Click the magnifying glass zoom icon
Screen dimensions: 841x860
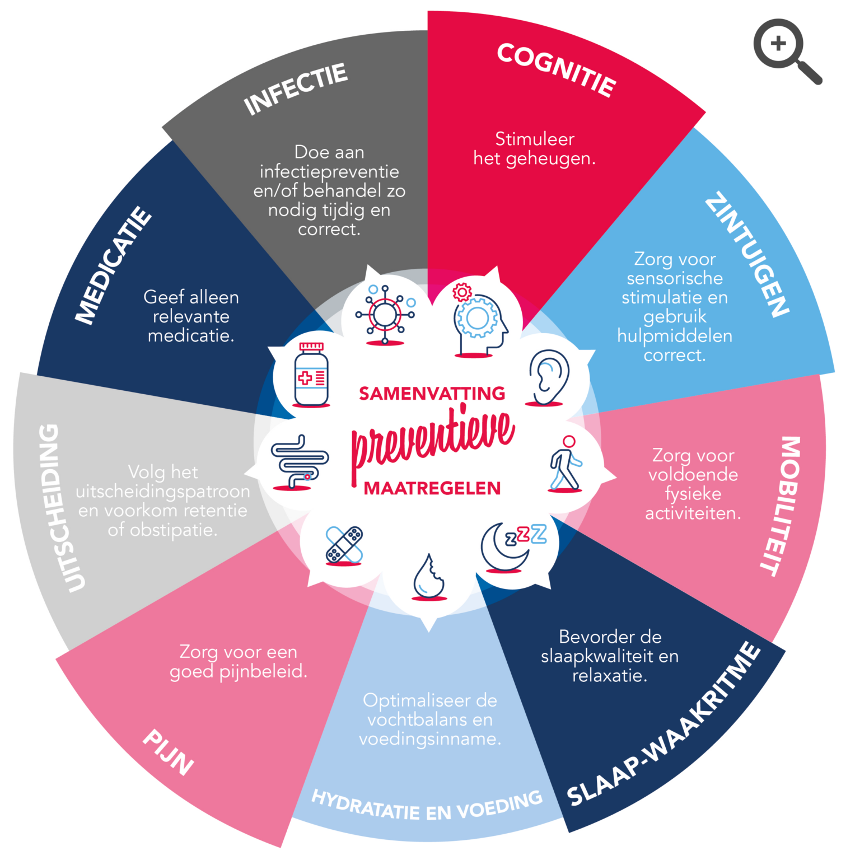(787, 51)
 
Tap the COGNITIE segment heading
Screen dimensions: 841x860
(557, 69)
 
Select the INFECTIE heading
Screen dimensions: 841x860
(296, 89)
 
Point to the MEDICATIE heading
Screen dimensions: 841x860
(114, 265)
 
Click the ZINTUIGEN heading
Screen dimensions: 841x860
(747, 254)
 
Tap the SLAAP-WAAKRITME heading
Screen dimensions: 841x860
(664, 724)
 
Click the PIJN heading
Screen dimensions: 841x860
(168, 752)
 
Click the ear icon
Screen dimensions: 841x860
(548, 377)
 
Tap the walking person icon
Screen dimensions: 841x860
(566, 464)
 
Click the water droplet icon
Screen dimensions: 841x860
(429, 577)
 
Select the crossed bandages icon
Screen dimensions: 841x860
(344, 545)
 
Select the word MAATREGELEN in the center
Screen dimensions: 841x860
(432, 489)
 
